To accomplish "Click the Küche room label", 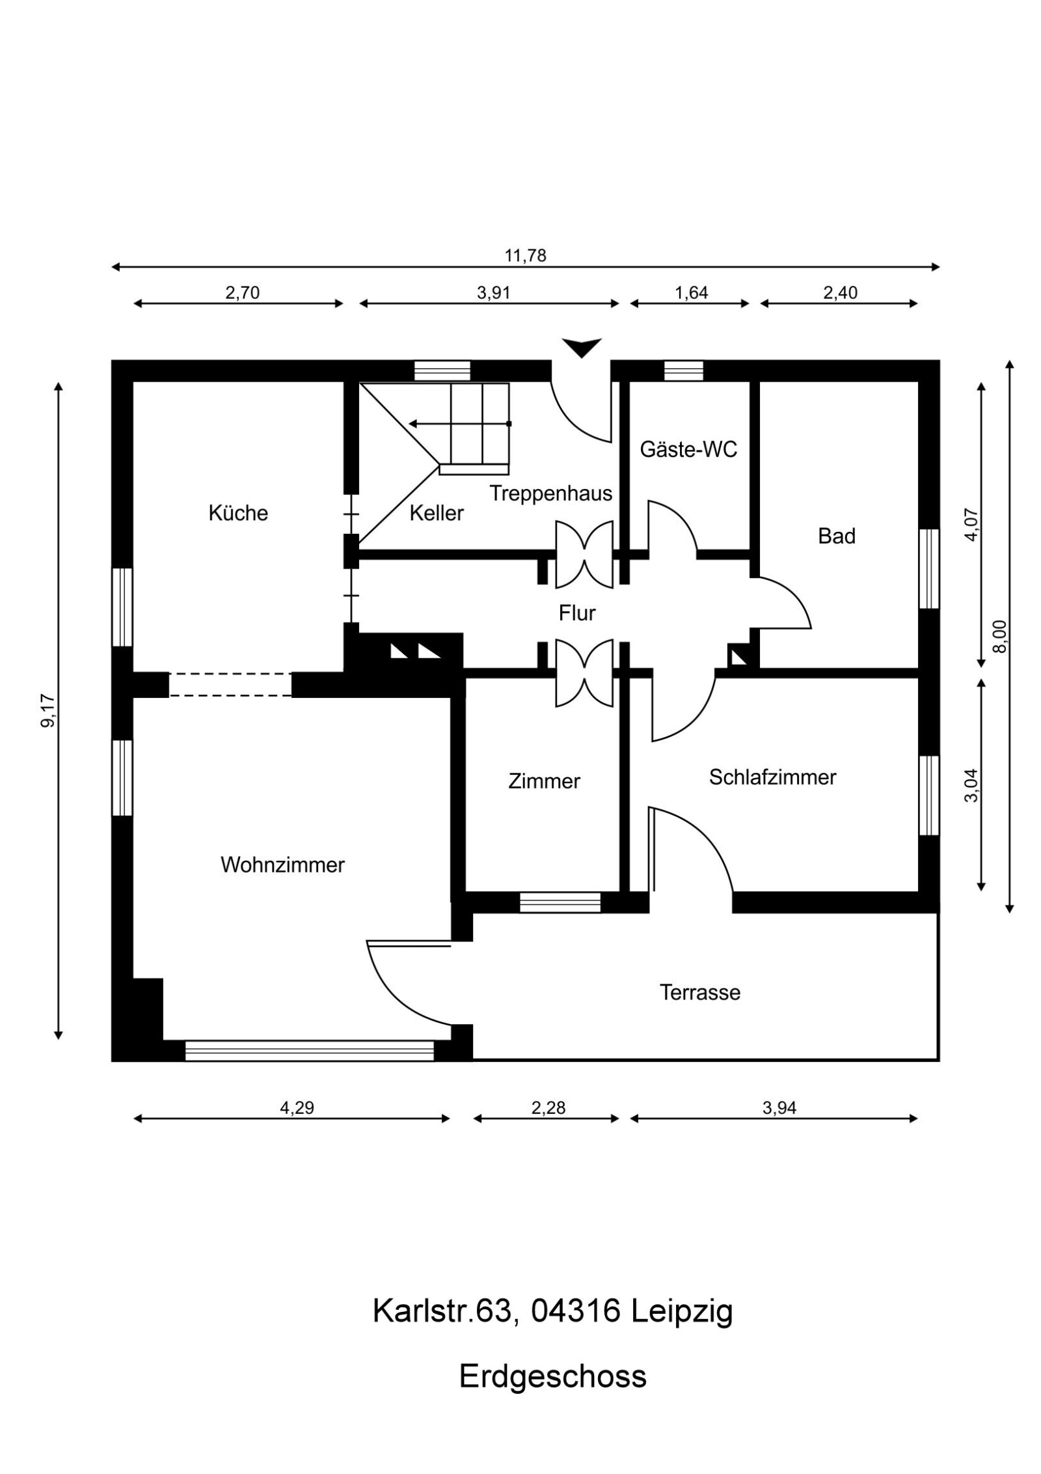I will pyautogui.click(x=237, y=513).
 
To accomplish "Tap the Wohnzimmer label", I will pyautogui.click(x=282, y=865).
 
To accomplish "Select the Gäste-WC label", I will pyautogui.click(x=688, y=449).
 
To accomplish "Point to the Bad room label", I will pyautogui.click(x=836, y=536).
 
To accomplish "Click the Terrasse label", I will pyautogui.click(x=699, y=993).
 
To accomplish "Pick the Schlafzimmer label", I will pyautogui.click(x=772, y=777).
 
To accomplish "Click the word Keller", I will pyautogui.click(x=436, y=513).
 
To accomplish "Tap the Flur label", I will pyautogui.click(x=576, y=613).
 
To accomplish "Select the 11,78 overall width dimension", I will pyautogui.click(x=525, y=256).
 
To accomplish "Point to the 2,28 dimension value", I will pyautogui.click(x=548, y=1107).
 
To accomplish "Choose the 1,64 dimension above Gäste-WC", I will pyautogui.click(x=691, y=293).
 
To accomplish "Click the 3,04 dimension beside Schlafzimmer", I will pyautogui.click(x=971, y=786).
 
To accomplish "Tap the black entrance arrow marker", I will pyautogui.click(x=582, y=348).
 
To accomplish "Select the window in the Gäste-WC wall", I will pyautogui.click(x=683, y=370).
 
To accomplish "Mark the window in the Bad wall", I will pyautogui.click(x=928, y=568).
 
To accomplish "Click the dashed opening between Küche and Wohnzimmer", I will pyautogui.click(x=230, y=685).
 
